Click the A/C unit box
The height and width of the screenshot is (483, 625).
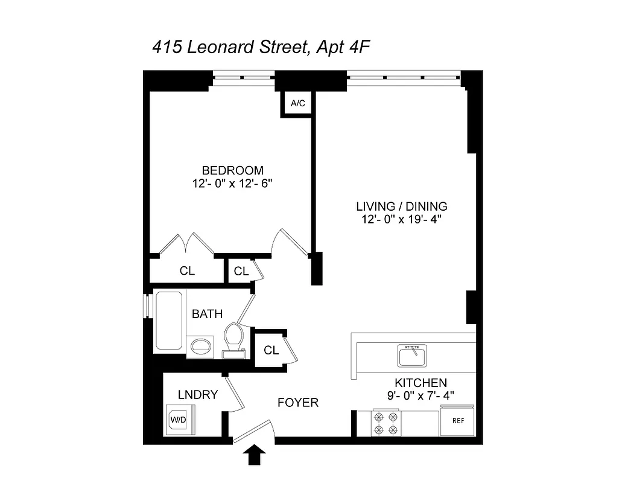298,104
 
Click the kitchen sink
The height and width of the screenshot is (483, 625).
412,355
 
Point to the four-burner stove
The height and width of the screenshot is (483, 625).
385,423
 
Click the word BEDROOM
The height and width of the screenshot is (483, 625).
232,170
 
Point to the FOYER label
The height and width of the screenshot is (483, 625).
297,402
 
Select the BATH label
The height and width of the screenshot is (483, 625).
207,314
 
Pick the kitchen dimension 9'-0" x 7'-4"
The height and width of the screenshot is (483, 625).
420,395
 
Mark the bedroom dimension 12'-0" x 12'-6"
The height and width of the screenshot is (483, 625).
232,184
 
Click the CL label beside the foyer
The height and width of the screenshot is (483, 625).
271,350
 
